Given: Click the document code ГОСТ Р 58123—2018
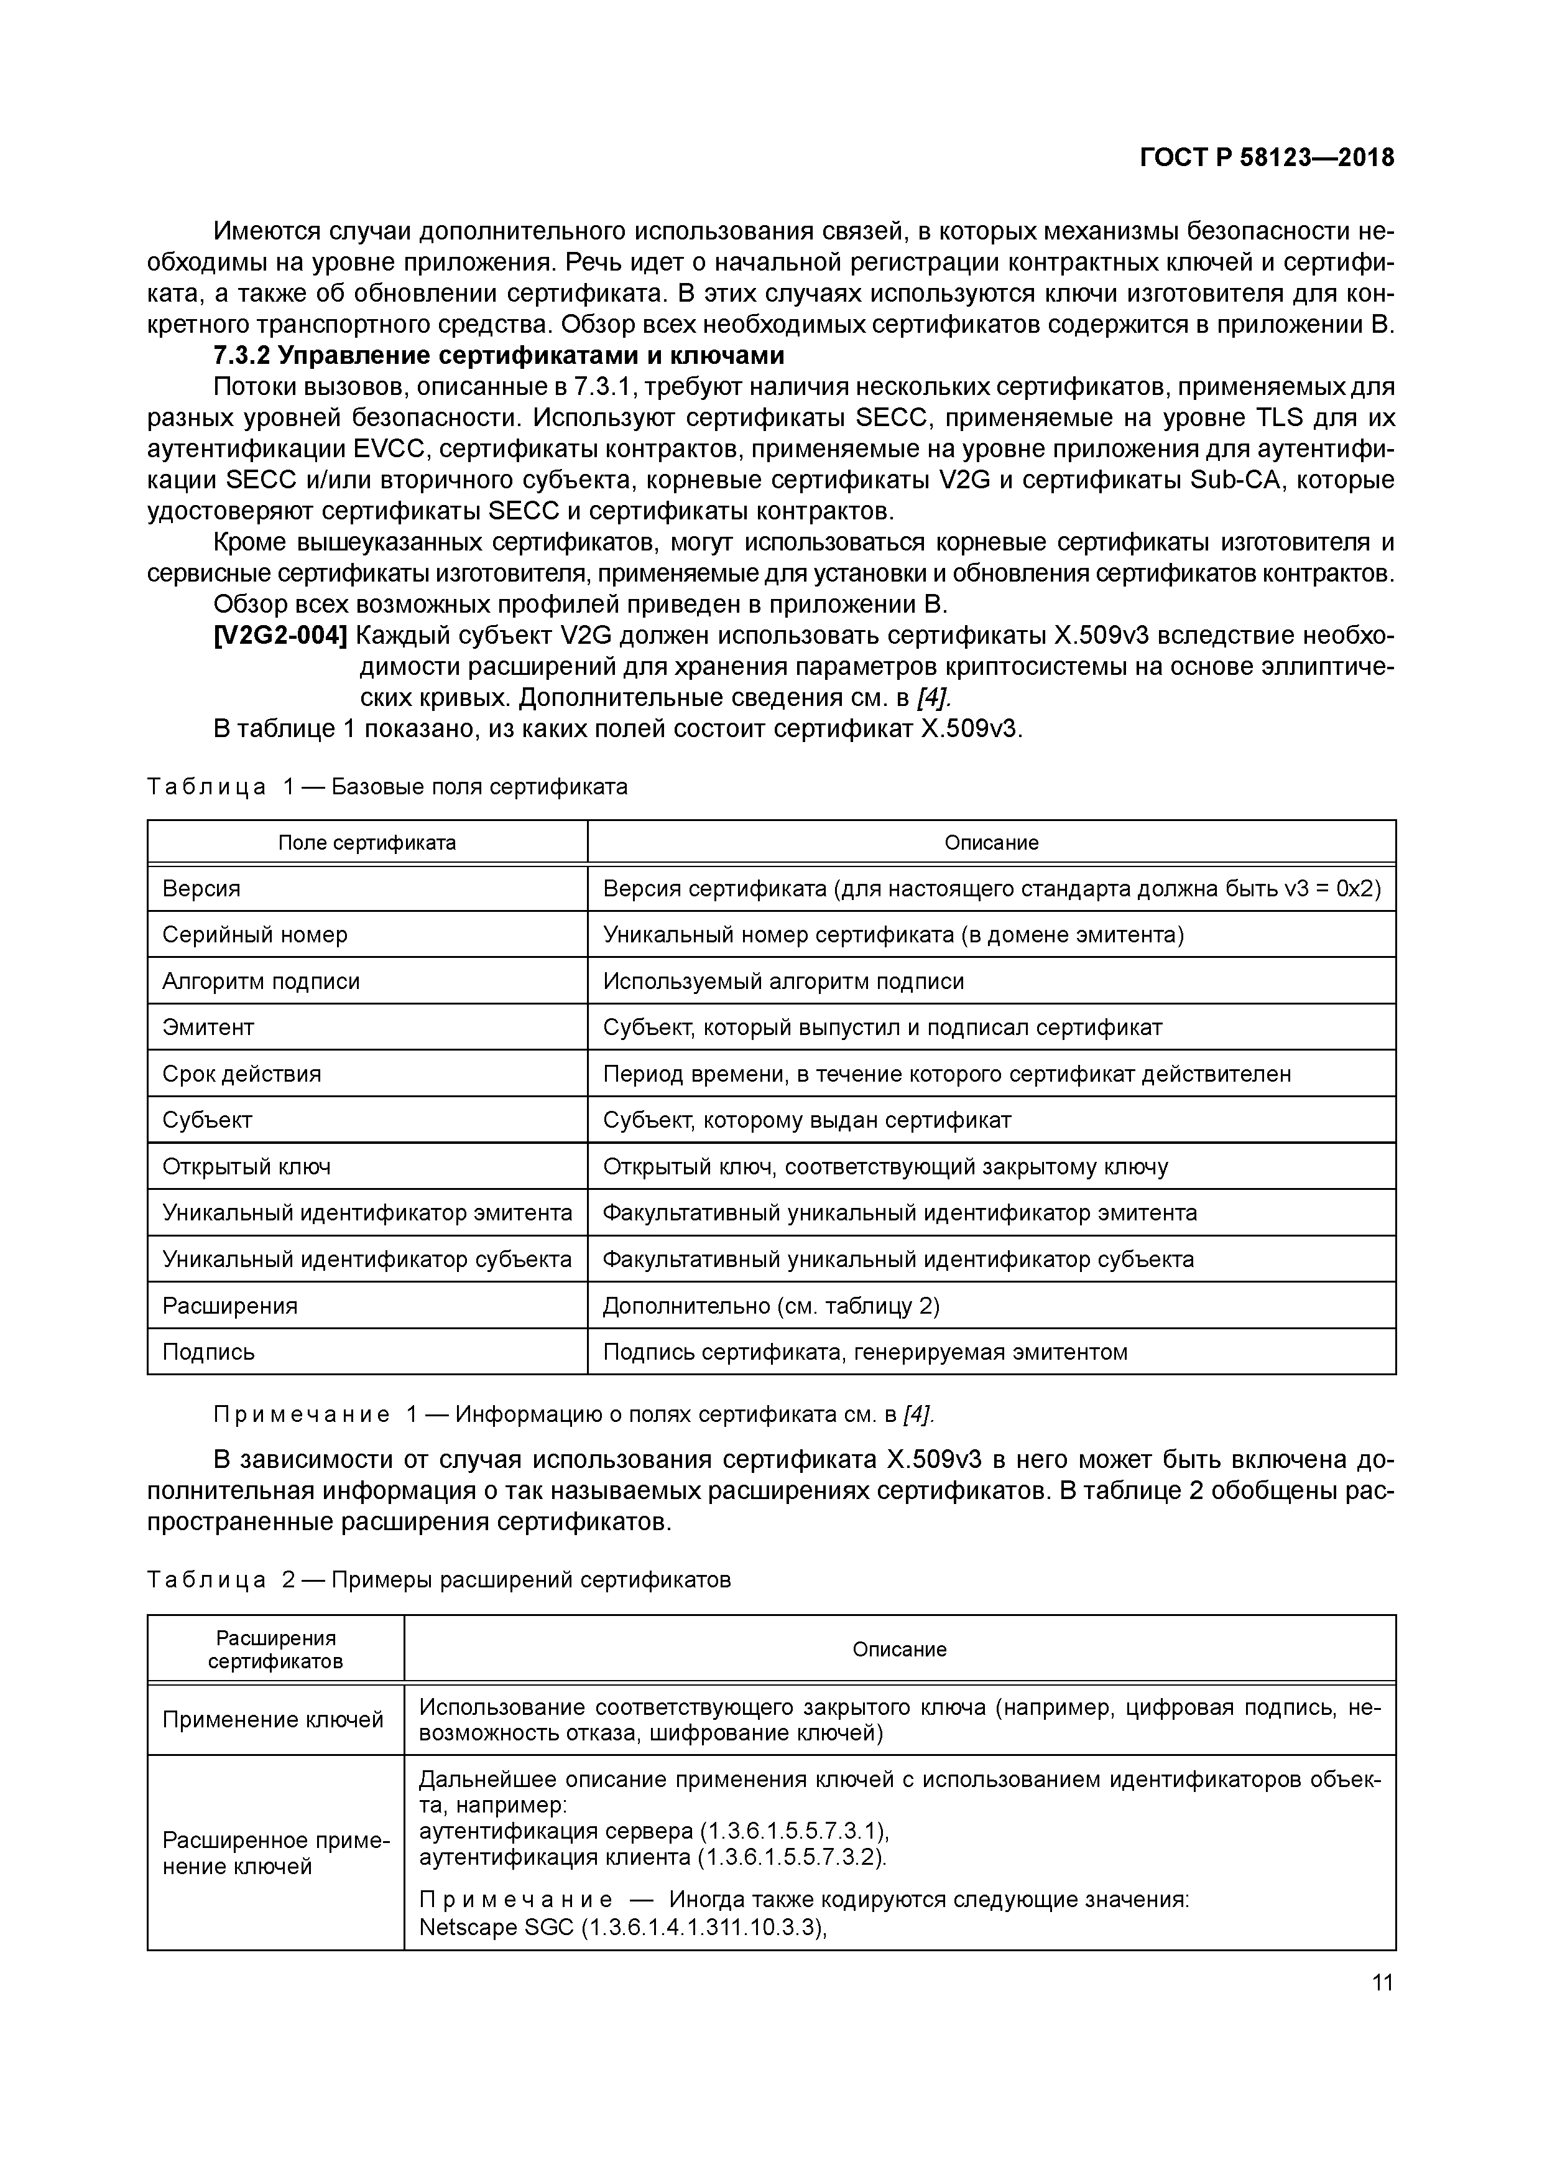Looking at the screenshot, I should (1267, 158).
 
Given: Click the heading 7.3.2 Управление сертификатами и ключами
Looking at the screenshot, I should (499, 355).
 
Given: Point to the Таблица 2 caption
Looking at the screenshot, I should (439, 1579).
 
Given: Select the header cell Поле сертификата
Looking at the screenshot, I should (367, 843).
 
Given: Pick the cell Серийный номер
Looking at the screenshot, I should (255, 934).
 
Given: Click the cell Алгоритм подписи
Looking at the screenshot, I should (261, 981).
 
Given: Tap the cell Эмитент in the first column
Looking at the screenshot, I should (208, 1028).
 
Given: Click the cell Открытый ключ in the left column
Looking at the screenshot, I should (246, 1166).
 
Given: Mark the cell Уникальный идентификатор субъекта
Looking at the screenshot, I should (367, 1259).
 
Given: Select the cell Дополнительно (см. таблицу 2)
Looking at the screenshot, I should (770, 1306).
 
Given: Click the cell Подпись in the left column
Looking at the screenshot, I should (208, 1352).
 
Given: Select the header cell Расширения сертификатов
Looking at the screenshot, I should (275, 1649).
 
